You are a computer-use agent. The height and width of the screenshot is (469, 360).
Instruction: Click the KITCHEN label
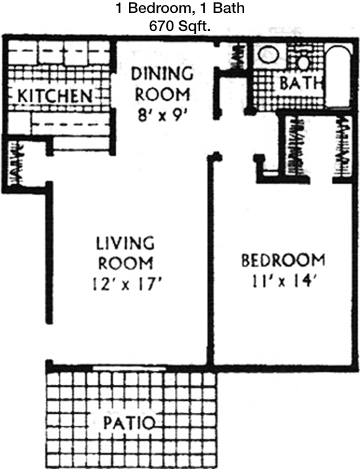(55, 96)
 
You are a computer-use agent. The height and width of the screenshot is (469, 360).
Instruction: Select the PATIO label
(130, 423)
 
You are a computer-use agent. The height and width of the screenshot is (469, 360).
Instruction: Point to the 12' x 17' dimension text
(127, 284)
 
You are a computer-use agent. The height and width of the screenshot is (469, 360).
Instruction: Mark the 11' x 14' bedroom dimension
(283, 281)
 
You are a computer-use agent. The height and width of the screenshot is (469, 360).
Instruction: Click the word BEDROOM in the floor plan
(283, 261)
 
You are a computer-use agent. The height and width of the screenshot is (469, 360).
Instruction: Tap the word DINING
(162, 74)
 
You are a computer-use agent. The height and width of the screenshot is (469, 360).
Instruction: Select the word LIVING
(125, 243)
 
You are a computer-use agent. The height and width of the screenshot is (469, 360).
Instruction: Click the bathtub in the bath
(338, 76)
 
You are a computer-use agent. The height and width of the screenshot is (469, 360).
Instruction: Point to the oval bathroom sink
(269, 55)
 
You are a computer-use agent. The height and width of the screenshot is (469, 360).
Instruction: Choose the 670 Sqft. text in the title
(180, 27)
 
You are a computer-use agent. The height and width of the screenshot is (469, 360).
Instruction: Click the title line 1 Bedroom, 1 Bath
(180, 8)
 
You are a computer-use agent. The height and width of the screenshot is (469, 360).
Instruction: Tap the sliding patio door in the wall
(129, 368)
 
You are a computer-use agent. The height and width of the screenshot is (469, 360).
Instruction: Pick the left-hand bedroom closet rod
(296, 146)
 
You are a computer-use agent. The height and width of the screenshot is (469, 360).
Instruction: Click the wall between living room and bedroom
(210, 260)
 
